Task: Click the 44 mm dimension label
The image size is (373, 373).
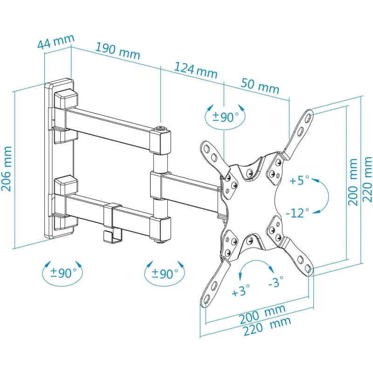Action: click(56, 42)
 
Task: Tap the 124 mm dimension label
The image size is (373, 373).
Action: click(196, 70)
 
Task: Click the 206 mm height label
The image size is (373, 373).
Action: click(7, 169)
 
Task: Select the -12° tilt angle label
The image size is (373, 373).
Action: click(297, 213)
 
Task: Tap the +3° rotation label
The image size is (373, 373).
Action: click(241, 290)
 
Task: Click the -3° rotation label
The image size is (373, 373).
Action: click(276, 282)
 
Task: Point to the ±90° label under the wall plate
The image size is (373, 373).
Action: click(63, 273)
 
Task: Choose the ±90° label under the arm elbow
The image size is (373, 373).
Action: click(165, 274)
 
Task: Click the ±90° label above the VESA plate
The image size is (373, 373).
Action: click(226, 117)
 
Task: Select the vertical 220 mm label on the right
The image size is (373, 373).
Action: click(366, 180)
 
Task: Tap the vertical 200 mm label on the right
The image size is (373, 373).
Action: click(353, 182)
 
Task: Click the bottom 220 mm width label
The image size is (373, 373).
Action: click(267, 326)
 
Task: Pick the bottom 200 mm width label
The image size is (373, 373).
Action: click(262, 314)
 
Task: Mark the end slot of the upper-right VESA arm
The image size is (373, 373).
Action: click(308, 117)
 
